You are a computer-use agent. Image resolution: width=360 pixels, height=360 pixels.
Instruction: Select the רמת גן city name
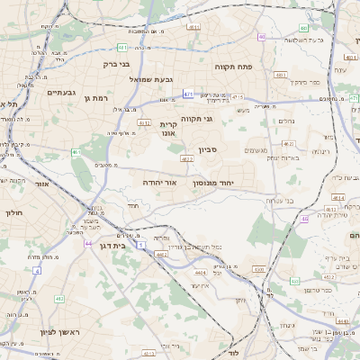(x=95, y=97)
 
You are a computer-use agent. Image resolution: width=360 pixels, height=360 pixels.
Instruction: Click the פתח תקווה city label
(x=231, y=66)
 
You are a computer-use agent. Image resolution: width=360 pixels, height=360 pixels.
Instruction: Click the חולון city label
(x=13, y=213)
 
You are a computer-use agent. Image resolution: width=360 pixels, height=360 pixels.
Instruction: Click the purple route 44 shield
(x=88, y=243)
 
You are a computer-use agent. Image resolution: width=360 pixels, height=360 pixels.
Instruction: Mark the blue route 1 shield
(x=140, y=244)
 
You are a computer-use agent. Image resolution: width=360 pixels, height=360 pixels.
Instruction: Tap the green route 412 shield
(x=58, y=298)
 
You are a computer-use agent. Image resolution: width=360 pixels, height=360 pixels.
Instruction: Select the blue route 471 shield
(x=188, y=92)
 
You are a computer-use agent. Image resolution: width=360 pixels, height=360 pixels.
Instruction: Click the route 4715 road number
(x=237, y=96)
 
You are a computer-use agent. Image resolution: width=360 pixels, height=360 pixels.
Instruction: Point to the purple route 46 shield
(x=305, y=218)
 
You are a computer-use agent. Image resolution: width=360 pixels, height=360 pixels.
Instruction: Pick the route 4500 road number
(x=258, y=269)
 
